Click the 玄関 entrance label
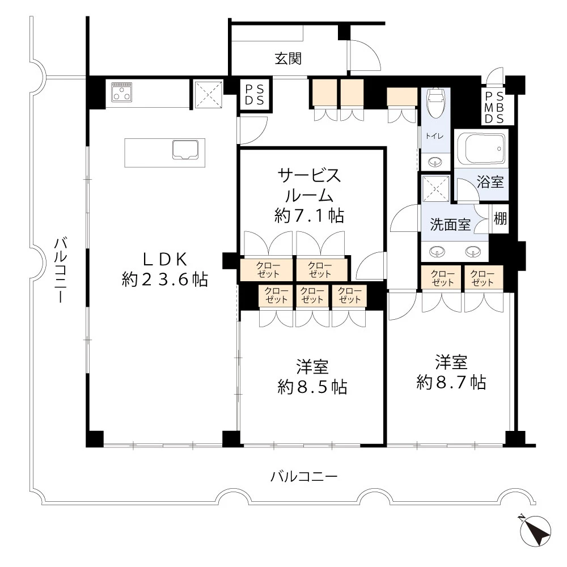click(x=288, y=58)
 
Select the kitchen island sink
click(x=185, y=150)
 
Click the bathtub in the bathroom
click(x=484, y=149)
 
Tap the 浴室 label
click(x=490, y=183)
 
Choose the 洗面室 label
click(x=450, y=224)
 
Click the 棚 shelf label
click(x=500, y=218)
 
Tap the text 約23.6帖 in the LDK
click(x=164, y=279)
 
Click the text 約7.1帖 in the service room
click(x=309, y=215)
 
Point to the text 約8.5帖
click(x=312, y=387)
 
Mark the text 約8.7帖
click(x=451, y=382)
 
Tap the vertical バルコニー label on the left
click(x=61, y=270)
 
